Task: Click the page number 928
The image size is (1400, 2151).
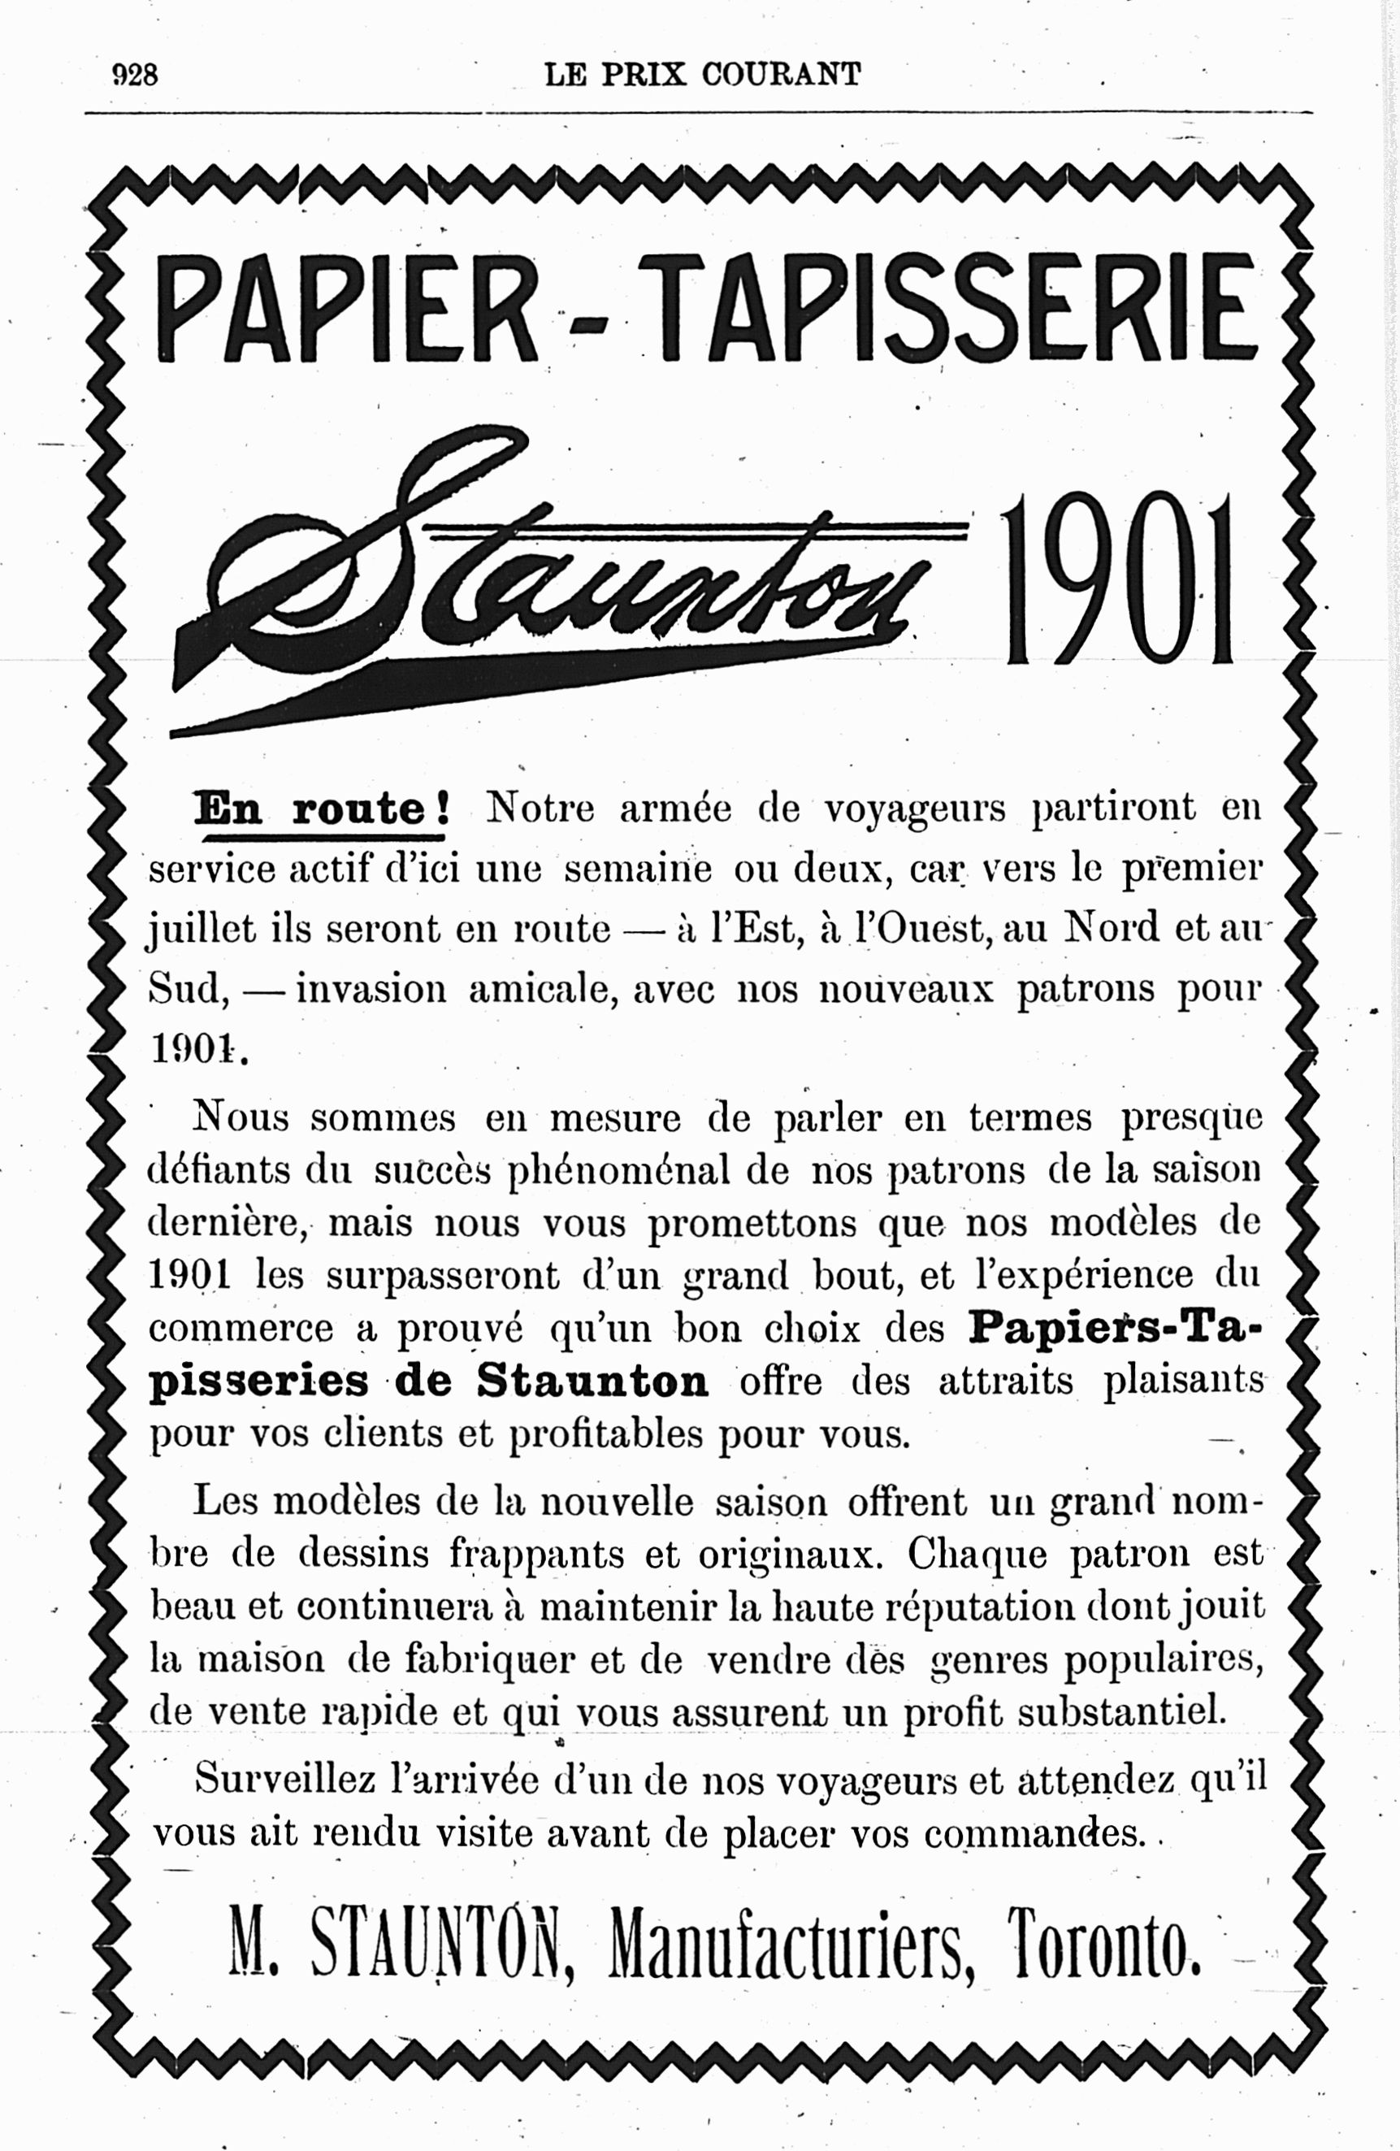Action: coord(135,73)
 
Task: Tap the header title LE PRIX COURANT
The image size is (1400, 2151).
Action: coord(702,73)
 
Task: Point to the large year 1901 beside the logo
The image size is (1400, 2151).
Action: coord(1118,579)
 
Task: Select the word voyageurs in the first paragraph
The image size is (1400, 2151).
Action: coord(916,808)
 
